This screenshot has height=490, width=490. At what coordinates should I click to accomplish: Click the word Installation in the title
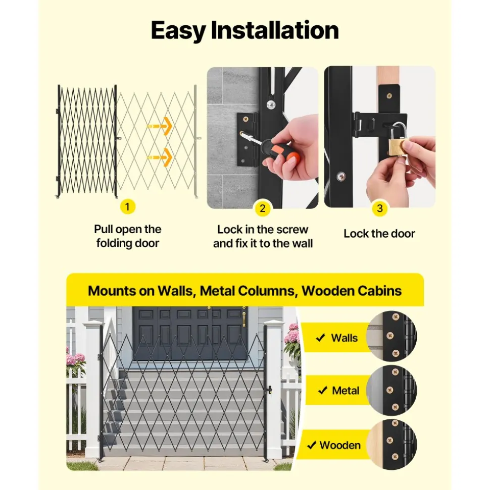(275, 30)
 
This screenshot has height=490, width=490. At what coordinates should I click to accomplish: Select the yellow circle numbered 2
(263, 208)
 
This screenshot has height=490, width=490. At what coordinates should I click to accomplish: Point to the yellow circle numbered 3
(379, 208)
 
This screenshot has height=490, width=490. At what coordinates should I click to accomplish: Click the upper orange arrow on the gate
(160, 126)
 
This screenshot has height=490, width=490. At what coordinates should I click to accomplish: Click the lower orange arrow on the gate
(160, 157)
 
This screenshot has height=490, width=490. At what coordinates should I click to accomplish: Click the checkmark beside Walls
(320, 338)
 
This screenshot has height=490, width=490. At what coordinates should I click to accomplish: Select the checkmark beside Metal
(323, 390)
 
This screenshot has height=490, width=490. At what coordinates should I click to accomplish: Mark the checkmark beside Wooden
(312, 445)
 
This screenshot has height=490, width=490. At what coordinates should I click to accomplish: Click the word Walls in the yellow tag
(344, 338)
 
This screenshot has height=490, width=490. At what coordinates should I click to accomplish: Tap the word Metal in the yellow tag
(346, 390)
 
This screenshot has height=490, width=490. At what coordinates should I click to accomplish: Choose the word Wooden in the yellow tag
(340, 445)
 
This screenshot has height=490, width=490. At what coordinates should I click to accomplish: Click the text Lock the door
(379, 234)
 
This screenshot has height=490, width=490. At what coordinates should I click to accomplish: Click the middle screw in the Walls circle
(390, 336)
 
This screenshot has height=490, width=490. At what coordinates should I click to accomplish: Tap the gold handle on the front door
(244, 319)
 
